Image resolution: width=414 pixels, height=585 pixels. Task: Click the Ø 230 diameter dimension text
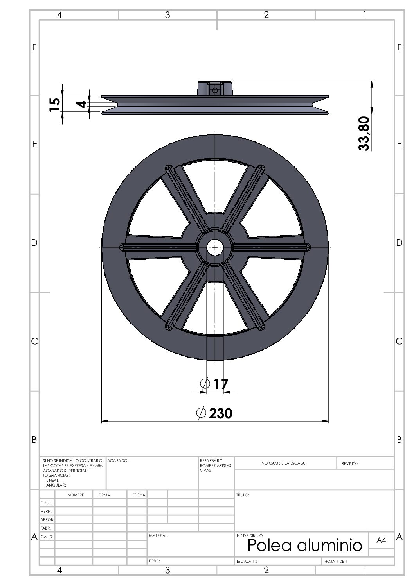point(214,413)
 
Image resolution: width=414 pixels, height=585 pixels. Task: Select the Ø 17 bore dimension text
point(214,384)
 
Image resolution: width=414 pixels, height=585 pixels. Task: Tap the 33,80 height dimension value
point(364,134)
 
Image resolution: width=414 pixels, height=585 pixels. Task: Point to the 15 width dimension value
point(55,105)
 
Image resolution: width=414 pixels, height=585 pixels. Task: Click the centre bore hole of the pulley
point(215,247)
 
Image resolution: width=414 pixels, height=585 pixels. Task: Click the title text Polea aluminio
point(305,545)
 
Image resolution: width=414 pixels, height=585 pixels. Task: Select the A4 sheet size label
point(381,540)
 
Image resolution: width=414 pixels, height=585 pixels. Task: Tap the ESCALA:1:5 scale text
point(247,561)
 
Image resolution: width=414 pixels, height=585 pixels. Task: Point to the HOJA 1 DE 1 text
point(335,561)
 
